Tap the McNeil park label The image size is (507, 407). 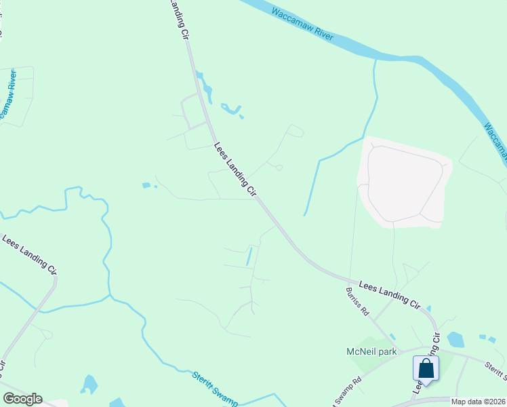click(x=370, y=351)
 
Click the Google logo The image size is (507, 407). click(x=22, y=399)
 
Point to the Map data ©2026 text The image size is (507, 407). click(x=479, y=402)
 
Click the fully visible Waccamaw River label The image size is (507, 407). click(x=302, y=24)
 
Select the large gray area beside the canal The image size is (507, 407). click(x=404, y=182)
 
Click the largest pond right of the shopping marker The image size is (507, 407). click(x=455, y=339)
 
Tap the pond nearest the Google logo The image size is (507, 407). click(x=89, y=384)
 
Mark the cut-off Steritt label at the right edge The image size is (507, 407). click(x=496, y=370)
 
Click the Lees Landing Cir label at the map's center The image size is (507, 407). click(x=235, y=170)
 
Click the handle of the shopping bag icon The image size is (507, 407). click(x=426, y=364)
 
